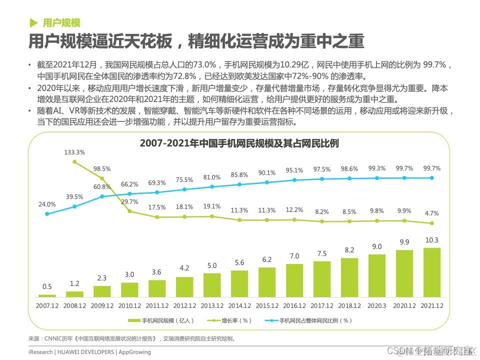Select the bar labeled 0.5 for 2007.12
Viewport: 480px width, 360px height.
[47, 296]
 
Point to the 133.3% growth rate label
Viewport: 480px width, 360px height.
[74, 152]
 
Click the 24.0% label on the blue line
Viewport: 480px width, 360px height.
[47, 204]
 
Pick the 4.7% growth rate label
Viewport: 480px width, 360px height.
[432, 213]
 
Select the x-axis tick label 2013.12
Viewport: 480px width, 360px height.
[212, 305]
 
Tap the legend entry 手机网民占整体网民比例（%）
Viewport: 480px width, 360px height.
[315, 320]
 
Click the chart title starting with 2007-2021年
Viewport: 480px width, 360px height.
[239, 143]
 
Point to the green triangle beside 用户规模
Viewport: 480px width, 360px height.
[33, 22]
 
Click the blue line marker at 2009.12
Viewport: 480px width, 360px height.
[102, 196]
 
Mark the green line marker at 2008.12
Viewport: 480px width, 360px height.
[74, 161]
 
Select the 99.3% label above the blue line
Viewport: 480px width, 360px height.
[377, 168]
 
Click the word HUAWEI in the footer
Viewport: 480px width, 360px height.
[71, 352]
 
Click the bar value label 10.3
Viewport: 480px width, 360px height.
[432, 240]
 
